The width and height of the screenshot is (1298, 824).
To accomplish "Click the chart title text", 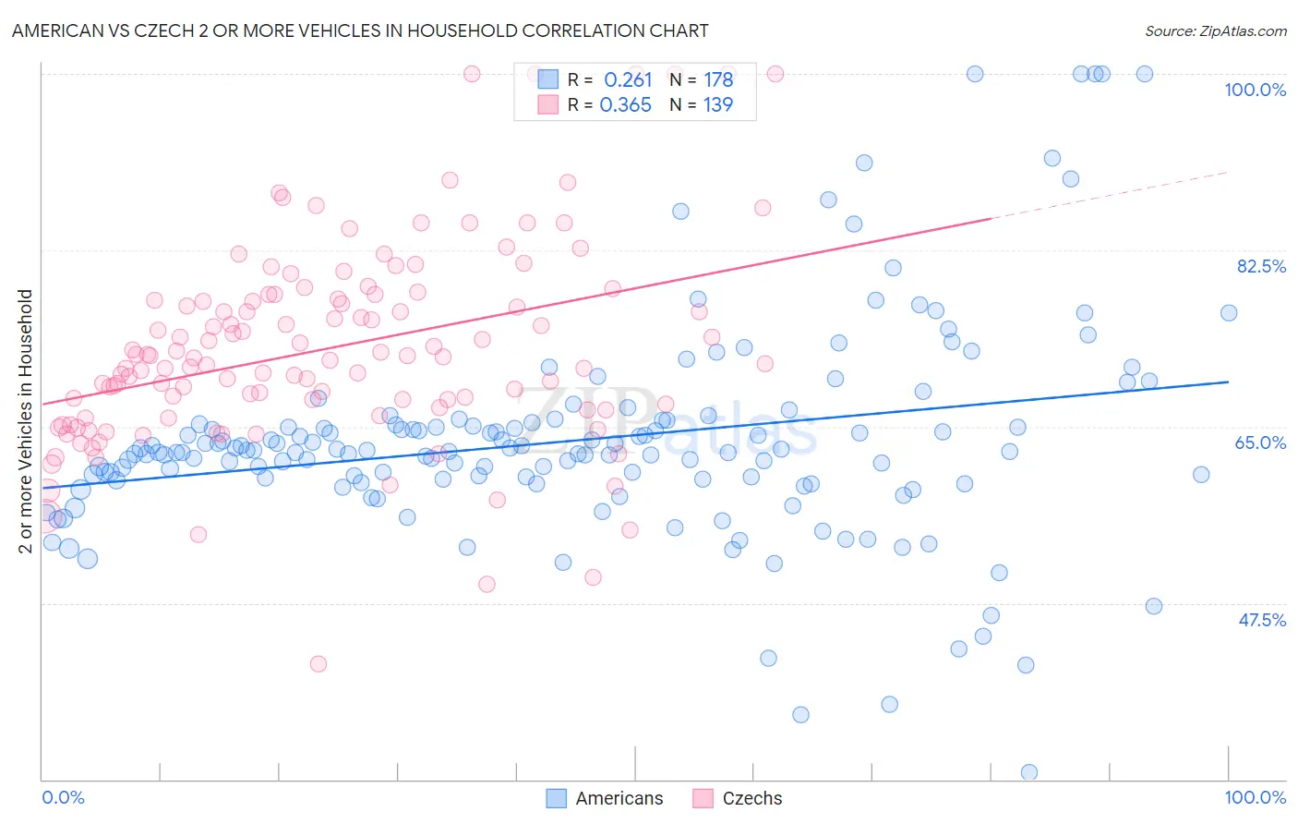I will (x=360, y=30).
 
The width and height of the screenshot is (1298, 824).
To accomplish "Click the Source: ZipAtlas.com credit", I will (x=1215, y=30).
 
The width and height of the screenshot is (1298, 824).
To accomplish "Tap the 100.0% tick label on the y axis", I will (x=1255, y=90).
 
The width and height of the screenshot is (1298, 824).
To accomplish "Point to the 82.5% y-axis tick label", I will (x=1260, y=266).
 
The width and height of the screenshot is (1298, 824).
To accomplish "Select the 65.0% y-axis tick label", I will (x=1260, y=442).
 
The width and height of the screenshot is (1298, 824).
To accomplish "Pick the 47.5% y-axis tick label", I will (x=1261, y=620).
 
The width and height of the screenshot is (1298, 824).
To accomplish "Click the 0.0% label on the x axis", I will (x=64, y=797).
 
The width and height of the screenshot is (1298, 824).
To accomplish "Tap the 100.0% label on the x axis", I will (x=1255, y=797).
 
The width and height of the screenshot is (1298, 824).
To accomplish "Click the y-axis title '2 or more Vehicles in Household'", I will (x=25, y=421).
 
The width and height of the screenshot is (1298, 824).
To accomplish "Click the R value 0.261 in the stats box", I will (x=628, y=80).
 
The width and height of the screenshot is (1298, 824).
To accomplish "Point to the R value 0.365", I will (x=626, y=105).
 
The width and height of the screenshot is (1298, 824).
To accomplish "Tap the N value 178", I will (x=718, y=80).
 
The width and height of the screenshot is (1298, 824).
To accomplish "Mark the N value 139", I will (x=718, y=105).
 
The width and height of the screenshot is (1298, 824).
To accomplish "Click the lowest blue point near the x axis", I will (x=1028, y=772).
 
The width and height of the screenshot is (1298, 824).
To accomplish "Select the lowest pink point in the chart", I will (x=318, y=664).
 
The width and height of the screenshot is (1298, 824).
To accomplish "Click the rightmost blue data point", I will (x=1229, y=313).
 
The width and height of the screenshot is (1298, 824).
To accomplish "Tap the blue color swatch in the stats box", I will (x=548, y=79).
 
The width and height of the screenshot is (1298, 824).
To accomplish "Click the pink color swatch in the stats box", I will (x=548, y=104).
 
